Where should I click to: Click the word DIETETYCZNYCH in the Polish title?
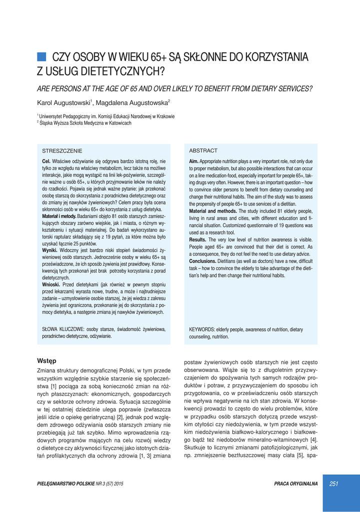pos(112,71)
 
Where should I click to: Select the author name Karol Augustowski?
pos(63,103)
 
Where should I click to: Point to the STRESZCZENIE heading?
pos(62,150)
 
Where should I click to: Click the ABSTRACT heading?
pos(203,150)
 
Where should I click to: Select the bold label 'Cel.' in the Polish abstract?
pos(46,161)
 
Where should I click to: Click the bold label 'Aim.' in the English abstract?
pos(193,161)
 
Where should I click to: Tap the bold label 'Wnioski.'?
pos(51,284)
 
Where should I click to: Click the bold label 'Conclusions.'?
pos(202,261)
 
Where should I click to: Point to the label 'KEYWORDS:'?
pos(202,329)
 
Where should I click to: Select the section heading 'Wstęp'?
pos(47,360)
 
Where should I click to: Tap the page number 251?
pos(334,483)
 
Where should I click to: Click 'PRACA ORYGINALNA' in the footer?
pos(296,483)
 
